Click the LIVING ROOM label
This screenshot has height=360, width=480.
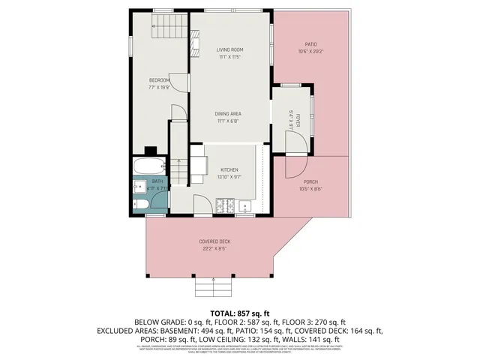[229, 49]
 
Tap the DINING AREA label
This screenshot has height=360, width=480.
[228, 112]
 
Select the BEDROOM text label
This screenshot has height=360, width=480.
[159, 80]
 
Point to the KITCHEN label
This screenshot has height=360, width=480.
[229, 169]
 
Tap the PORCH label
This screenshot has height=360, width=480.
[310, 181]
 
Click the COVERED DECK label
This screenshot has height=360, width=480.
[214, 241]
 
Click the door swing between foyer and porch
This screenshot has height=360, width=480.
[296, 163]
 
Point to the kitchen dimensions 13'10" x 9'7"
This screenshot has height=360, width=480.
[229, 177]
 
